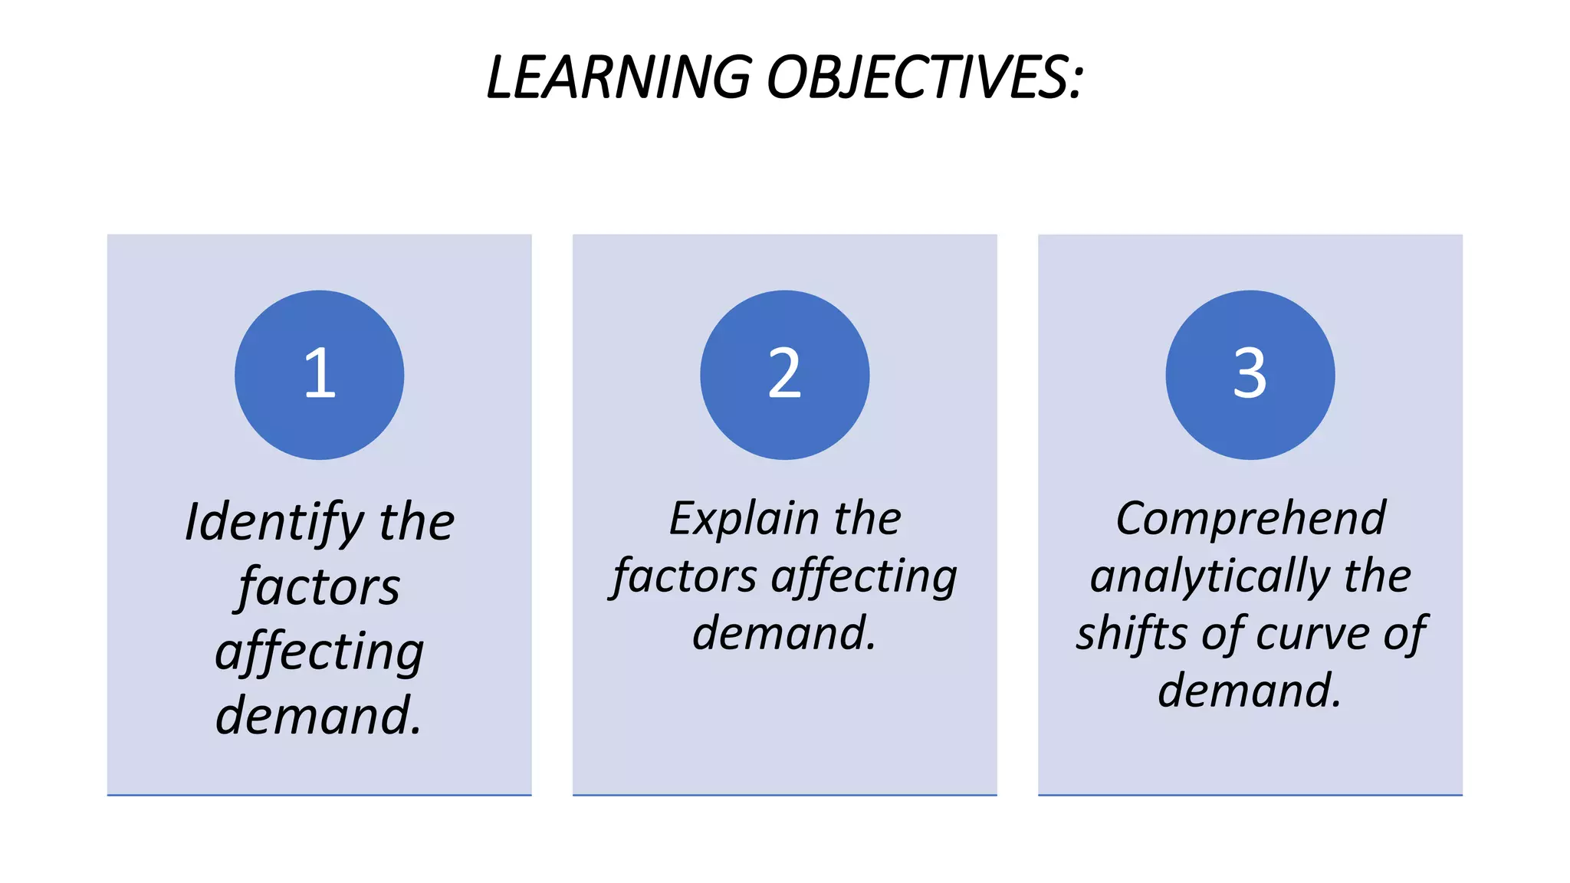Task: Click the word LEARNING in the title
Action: click(x=619, y=77)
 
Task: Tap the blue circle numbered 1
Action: click(x=319, y=375)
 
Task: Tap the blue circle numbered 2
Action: click(x=784, y=375)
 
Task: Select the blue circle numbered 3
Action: click(x=1250, y=375)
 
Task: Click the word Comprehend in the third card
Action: click(x=1250, y=519)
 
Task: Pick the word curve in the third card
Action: click(x=1312, y=634)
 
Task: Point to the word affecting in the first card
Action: click(x=319, y=652)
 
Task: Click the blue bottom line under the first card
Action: click(x=319, y=795)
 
